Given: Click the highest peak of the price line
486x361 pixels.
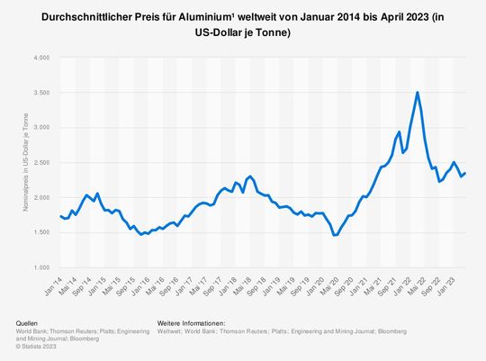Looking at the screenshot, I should pyautogui.click(x=417, y=92).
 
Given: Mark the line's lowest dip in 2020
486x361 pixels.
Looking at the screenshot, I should pyautogui.click(x=336, y=235).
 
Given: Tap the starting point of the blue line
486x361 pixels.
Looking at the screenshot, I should pyautogui.click(x=59, y=216).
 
